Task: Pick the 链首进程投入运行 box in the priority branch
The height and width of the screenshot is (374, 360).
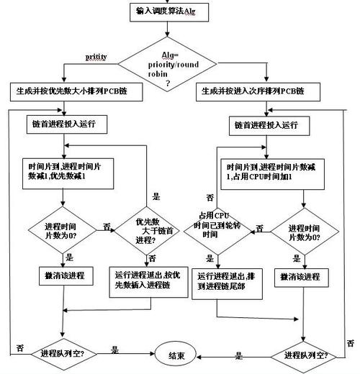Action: pos(69,124)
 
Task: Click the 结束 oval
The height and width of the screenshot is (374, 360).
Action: pos(176,355)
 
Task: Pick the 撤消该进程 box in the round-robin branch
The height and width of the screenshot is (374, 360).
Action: pos(301,277)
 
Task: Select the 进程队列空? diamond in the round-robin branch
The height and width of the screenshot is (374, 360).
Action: pos(307,355)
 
